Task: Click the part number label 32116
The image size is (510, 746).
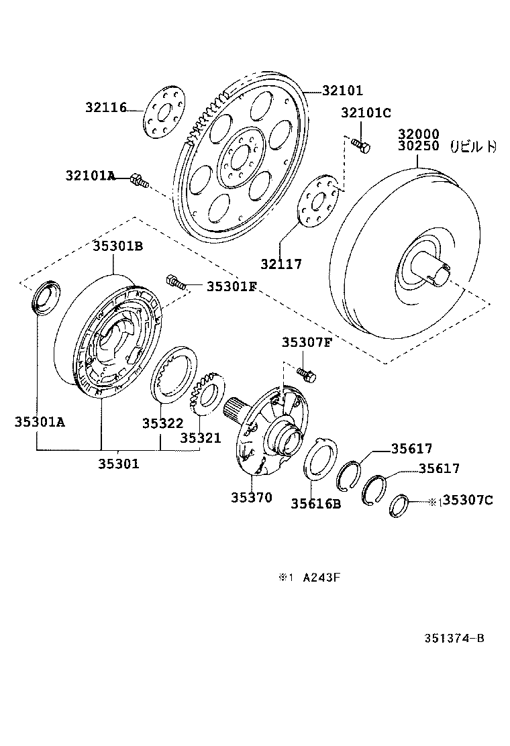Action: coord(106,107)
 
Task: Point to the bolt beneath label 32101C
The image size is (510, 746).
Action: coord(360,144)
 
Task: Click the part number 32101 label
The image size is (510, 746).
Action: coord(342,91)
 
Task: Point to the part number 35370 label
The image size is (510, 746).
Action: coord(252,497)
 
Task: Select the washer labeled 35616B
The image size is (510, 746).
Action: coord(316,503)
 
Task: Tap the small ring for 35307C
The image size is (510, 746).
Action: coord(399,505)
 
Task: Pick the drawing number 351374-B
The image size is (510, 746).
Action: coord(454,638)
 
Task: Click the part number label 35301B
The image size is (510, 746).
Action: coord(117,246)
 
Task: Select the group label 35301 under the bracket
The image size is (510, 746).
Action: coord(119,463)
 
